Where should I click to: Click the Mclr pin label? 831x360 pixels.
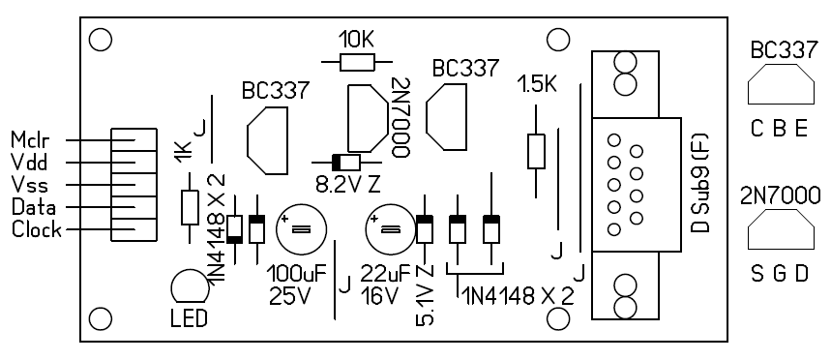click(30, 140)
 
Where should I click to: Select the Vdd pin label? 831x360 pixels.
click(29, 163)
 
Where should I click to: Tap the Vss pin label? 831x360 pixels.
click(29, 185)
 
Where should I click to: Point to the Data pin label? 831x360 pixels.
click(34, 207)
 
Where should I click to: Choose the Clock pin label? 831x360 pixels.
click(36, 229)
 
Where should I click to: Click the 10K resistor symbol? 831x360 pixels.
click(357, 63)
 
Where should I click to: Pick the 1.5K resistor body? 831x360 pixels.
click(536, 152)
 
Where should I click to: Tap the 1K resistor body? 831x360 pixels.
click(191, 207)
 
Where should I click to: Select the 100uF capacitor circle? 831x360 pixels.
click(302, 229)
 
